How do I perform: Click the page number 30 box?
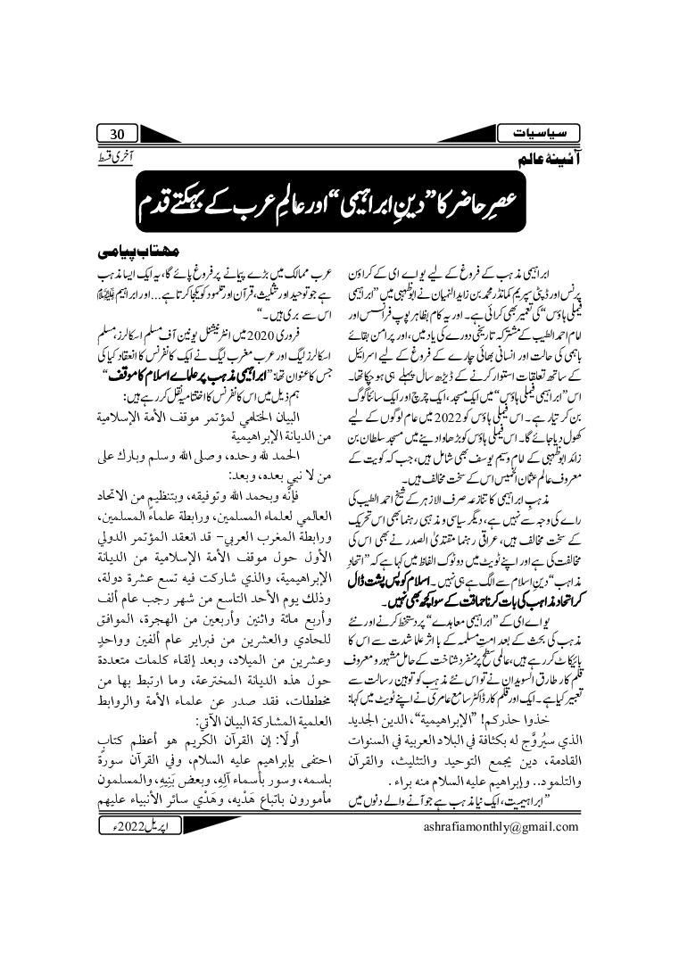117,134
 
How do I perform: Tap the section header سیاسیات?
549,134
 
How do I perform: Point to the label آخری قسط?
108,158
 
